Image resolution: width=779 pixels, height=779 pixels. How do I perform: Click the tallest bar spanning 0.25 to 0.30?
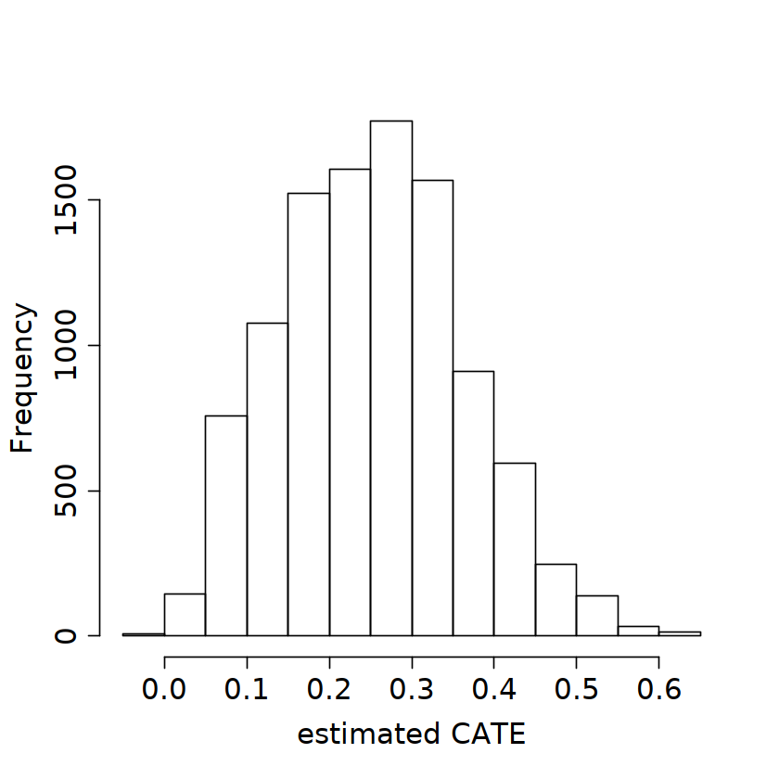click(391, 378)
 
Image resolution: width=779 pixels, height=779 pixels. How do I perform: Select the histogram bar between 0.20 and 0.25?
click(350, 402)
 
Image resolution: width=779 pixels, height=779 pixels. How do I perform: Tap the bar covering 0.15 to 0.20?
click(309, 415)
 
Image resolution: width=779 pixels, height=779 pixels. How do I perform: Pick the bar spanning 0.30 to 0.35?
click(432, 408)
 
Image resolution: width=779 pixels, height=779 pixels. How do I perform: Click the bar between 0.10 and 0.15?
click(267, 479)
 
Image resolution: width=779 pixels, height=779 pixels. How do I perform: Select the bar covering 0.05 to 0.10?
click(226, 526)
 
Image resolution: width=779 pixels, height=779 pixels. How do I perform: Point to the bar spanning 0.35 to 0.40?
click(473, 504)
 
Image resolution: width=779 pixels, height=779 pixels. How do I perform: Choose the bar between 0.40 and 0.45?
click(515, 549)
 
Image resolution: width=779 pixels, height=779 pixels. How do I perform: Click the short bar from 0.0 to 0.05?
click(185, 615)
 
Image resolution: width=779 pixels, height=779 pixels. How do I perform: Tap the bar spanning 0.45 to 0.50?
click(556, 600)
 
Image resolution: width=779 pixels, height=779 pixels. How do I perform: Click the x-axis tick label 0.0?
click(165, 691)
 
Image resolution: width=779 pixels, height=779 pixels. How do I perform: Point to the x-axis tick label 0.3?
click(412, 691)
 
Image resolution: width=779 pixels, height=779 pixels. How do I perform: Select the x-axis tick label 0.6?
click(658, 691)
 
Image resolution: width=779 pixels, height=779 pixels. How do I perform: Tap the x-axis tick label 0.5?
click(576, 691)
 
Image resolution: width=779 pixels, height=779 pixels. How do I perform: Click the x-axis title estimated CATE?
click(411, 735)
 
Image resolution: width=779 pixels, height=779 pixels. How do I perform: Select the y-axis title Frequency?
click(22, 378)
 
